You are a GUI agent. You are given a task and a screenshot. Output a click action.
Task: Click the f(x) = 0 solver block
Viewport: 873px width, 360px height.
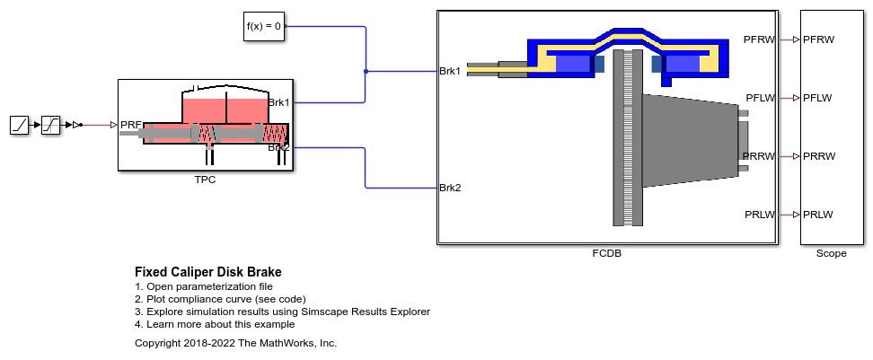tap(265, 27)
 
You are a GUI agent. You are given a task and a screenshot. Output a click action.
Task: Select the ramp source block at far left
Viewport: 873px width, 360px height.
tap(20, 126)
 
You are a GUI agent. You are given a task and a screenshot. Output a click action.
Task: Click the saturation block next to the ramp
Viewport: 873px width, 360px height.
tap(51, 126)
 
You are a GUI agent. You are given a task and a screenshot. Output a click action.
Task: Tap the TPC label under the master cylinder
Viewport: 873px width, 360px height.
tap(206, 180)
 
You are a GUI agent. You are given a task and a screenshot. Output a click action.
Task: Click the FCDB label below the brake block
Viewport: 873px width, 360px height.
tap(607, 253)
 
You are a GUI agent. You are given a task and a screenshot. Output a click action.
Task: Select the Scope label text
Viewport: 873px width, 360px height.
tap(831, 253)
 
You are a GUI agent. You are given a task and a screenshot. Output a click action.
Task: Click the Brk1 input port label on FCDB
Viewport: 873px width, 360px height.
tap(450, 71)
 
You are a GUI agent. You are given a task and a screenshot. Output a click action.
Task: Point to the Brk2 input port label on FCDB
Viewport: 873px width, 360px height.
tap(450, 188)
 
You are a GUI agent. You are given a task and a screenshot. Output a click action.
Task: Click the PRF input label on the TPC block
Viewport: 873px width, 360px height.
tap(130, 126)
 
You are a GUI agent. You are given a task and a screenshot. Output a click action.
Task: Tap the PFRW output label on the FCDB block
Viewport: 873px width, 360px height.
tap(760, 40)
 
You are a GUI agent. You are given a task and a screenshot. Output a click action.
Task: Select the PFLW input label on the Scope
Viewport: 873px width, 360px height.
tap(818, 98)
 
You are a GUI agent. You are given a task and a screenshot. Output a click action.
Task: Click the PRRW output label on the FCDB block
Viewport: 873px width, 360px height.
tap(759, 156)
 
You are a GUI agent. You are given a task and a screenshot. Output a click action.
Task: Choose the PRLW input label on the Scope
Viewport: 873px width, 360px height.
tap(818, 215)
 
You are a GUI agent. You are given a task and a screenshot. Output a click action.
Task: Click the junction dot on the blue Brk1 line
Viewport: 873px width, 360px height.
tap(366, 71)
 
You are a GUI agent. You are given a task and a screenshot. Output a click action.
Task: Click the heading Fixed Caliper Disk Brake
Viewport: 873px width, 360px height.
tap(207, 272)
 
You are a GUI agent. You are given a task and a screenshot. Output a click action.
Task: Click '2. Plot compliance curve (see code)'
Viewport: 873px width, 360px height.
tap(220, 299)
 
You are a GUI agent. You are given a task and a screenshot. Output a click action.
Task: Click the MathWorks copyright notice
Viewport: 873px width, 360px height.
tap(235, 343)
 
